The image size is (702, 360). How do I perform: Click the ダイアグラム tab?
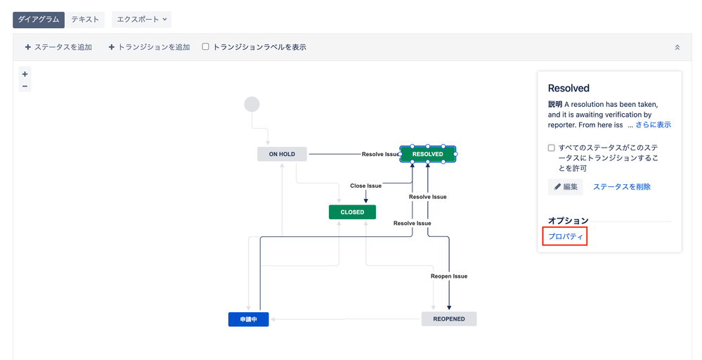click(x=39, y=20)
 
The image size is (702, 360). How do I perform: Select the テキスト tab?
click(x=85, y=20)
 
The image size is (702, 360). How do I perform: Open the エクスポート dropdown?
click(x=141, y=20)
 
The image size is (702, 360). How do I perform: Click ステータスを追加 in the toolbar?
click(x=58, y=47)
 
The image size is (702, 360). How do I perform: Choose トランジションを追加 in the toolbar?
click(x=149, y=47)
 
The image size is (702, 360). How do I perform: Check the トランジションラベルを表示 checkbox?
click(x=206, y=47)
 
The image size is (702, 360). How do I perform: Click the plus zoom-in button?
click(x=25, y=74)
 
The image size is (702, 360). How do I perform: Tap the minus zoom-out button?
click(x=25, y=86)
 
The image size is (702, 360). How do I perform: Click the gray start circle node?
click(x=252, y=104)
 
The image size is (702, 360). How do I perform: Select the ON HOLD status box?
click(x=282, y=154)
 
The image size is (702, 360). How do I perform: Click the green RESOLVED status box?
click(x=427, y=154)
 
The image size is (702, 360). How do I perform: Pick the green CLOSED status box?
click(x=352, y=212)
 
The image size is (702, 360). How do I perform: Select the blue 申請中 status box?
click(x=248, y=319)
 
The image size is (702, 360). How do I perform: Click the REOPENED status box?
click(x=448, y=319)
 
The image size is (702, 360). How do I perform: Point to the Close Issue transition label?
click(x=365, y=186)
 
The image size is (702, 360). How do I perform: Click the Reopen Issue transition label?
click(x=448, y=276)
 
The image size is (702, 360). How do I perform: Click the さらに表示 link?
click(x=653, y=124)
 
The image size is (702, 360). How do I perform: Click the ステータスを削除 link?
click(x=621, y=186)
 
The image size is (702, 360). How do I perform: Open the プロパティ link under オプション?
click(x=565, y=236)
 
